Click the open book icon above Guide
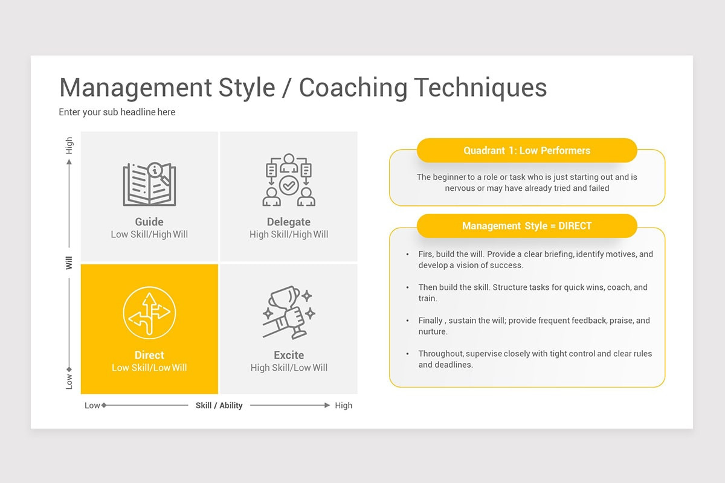coord(149,184)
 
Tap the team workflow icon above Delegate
coord(289,180)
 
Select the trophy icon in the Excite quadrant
coord(289,312)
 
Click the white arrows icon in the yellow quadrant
coord(149,313)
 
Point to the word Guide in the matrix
coord(149,222)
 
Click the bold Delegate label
coord(289,222)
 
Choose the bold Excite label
coord(289,355)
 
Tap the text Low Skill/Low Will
coord(149,368)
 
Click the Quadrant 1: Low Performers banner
coord(527,150)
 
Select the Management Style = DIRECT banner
coord(527,226)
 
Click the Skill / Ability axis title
coord(219,405)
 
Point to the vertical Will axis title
coord(69,263)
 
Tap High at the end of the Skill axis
coord(343,405)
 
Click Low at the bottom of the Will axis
coord(69,382)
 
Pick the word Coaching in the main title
coord(353,88)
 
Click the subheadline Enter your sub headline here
coord(117,112)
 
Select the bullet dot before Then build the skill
coord(407,287)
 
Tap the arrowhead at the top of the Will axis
coord(69,162)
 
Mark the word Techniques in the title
coord(481,88)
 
